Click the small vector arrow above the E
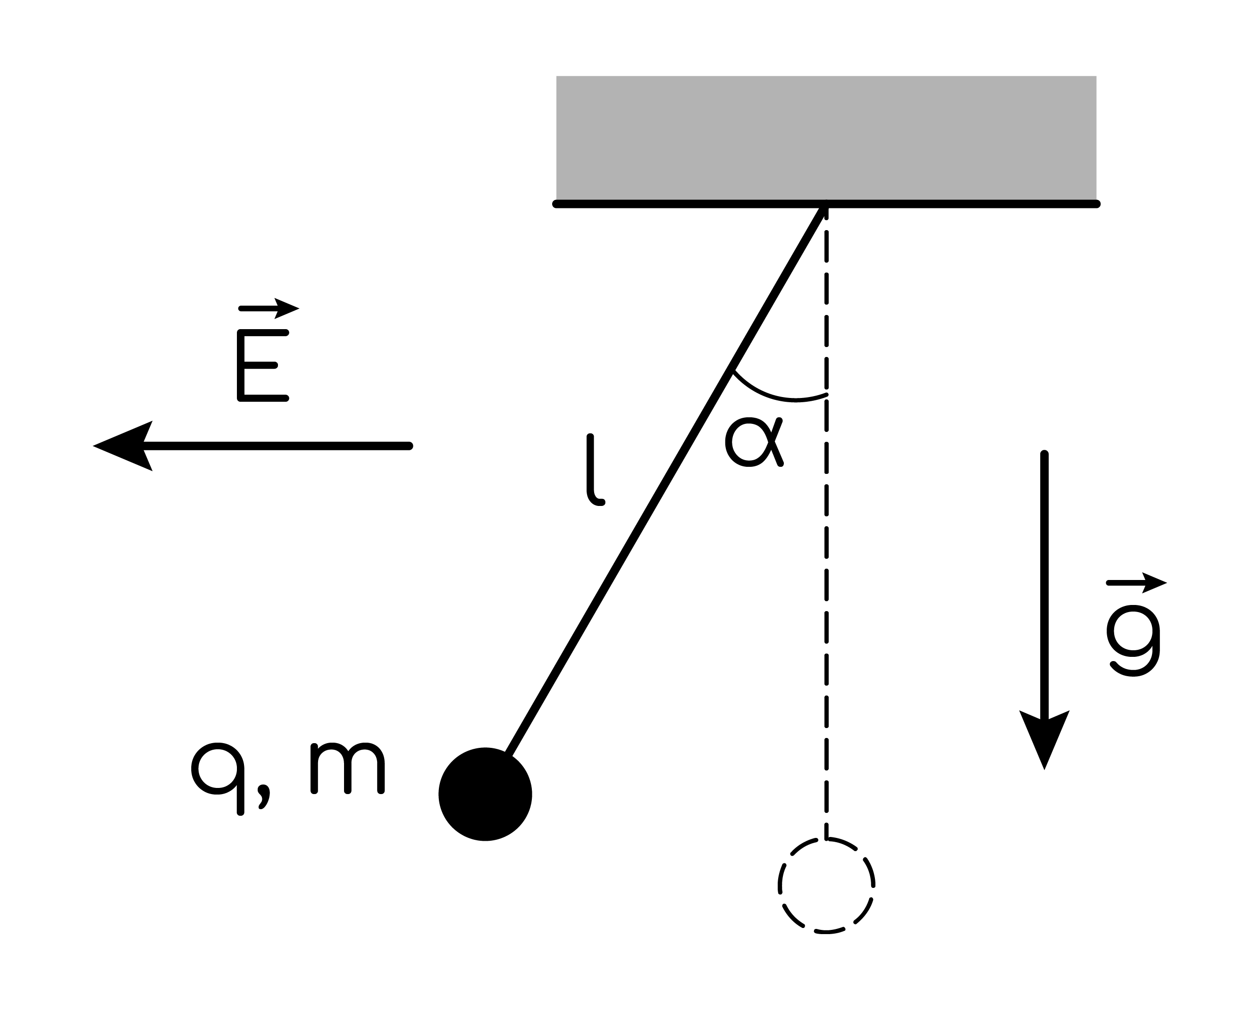(269, 308)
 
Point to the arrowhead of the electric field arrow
(121, 446)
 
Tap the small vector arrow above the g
(1136, 583)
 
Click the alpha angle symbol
(754, 442)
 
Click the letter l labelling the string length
(594, 470)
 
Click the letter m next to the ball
(348, 768)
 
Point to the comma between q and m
(264, 795)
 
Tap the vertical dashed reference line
(826, 522)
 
